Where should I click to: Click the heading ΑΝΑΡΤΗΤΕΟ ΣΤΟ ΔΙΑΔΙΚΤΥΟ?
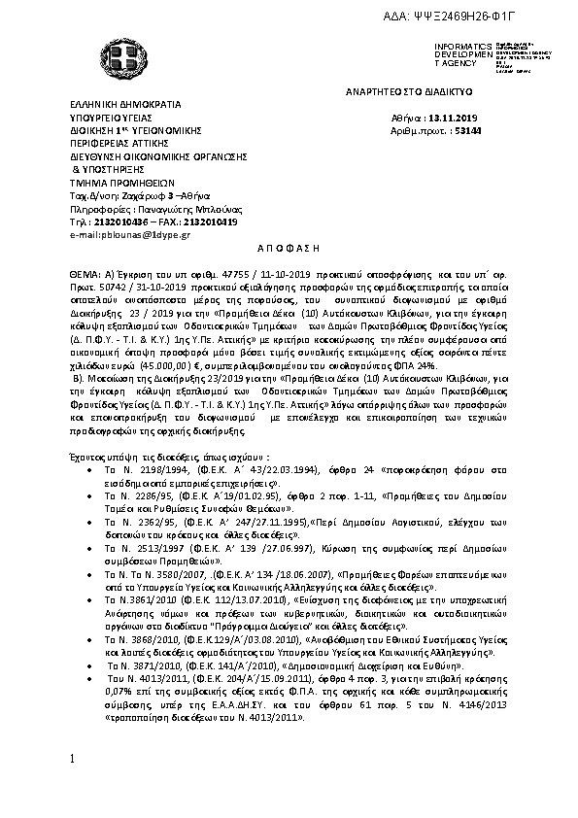point(409,89)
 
